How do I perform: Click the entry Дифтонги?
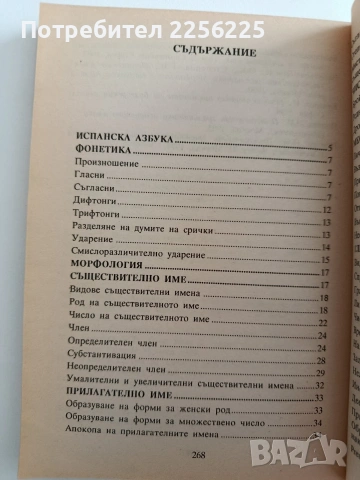point(96,212)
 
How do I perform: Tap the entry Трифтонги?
point(99,225)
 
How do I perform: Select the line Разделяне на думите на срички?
point(139,239)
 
